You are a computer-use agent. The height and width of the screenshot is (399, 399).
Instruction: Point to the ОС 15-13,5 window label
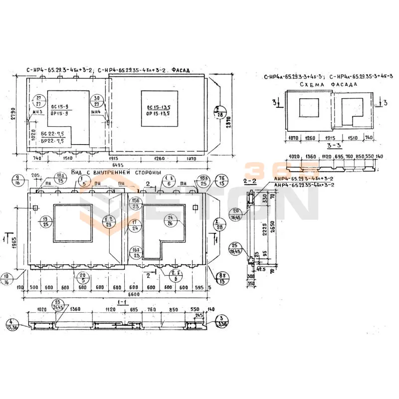[x=159, y=108]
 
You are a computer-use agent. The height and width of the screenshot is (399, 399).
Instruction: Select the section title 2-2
[x=250, y=181]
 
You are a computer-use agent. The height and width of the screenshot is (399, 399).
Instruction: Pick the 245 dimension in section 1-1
[x=199, y=315]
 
